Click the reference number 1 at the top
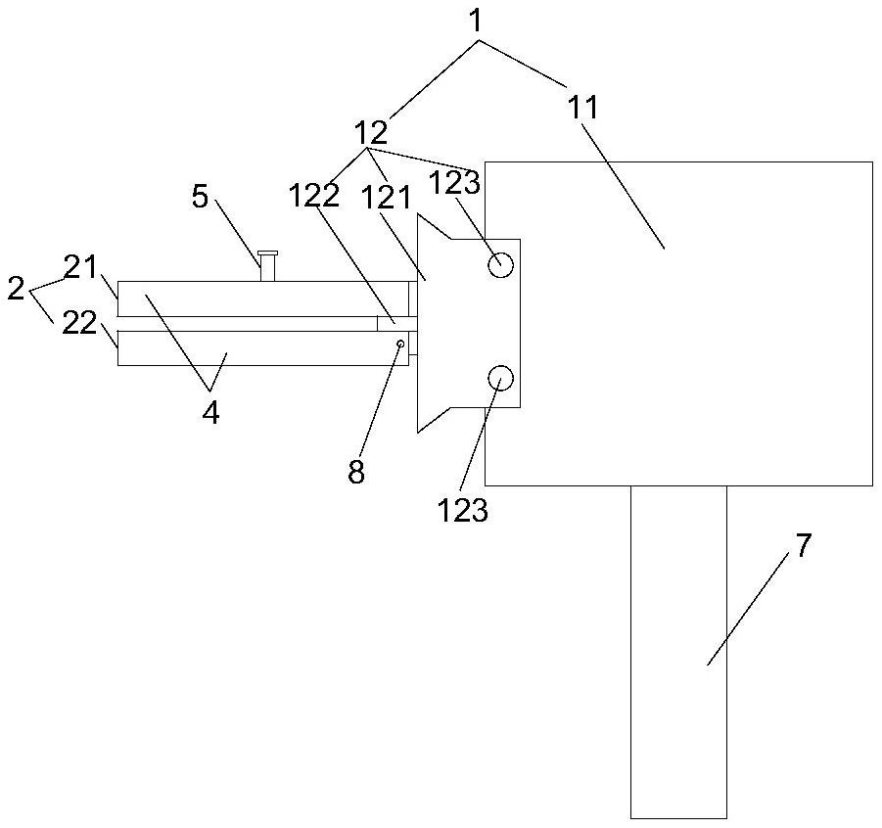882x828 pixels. click(476, 21)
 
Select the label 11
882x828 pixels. click(583, 107)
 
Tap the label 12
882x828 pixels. click(371, 133)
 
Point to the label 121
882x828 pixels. click(386, 198)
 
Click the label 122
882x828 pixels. click(315, 195)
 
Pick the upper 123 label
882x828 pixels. click(454, 183)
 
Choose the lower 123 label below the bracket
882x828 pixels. click(463, 511)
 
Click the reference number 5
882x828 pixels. click(201, 197)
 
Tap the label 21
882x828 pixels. click(80, 267)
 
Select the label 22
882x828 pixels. click(79, 323)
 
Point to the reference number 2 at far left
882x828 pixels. click(16, 289)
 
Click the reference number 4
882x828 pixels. click(210, 414)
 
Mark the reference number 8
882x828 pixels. click(356, 472)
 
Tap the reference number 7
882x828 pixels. click(803, 545)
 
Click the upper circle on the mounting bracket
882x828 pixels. click(500, 264)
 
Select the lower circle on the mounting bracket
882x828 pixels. click(500, 378)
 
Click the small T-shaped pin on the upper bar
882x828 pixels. click(267, 265)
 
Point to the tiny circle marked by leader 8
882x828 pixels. click(400, 344)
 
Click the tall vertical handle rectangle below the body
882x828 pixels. click(678, 652)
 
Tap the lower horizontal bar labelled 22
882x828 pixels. click(263, 348)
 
